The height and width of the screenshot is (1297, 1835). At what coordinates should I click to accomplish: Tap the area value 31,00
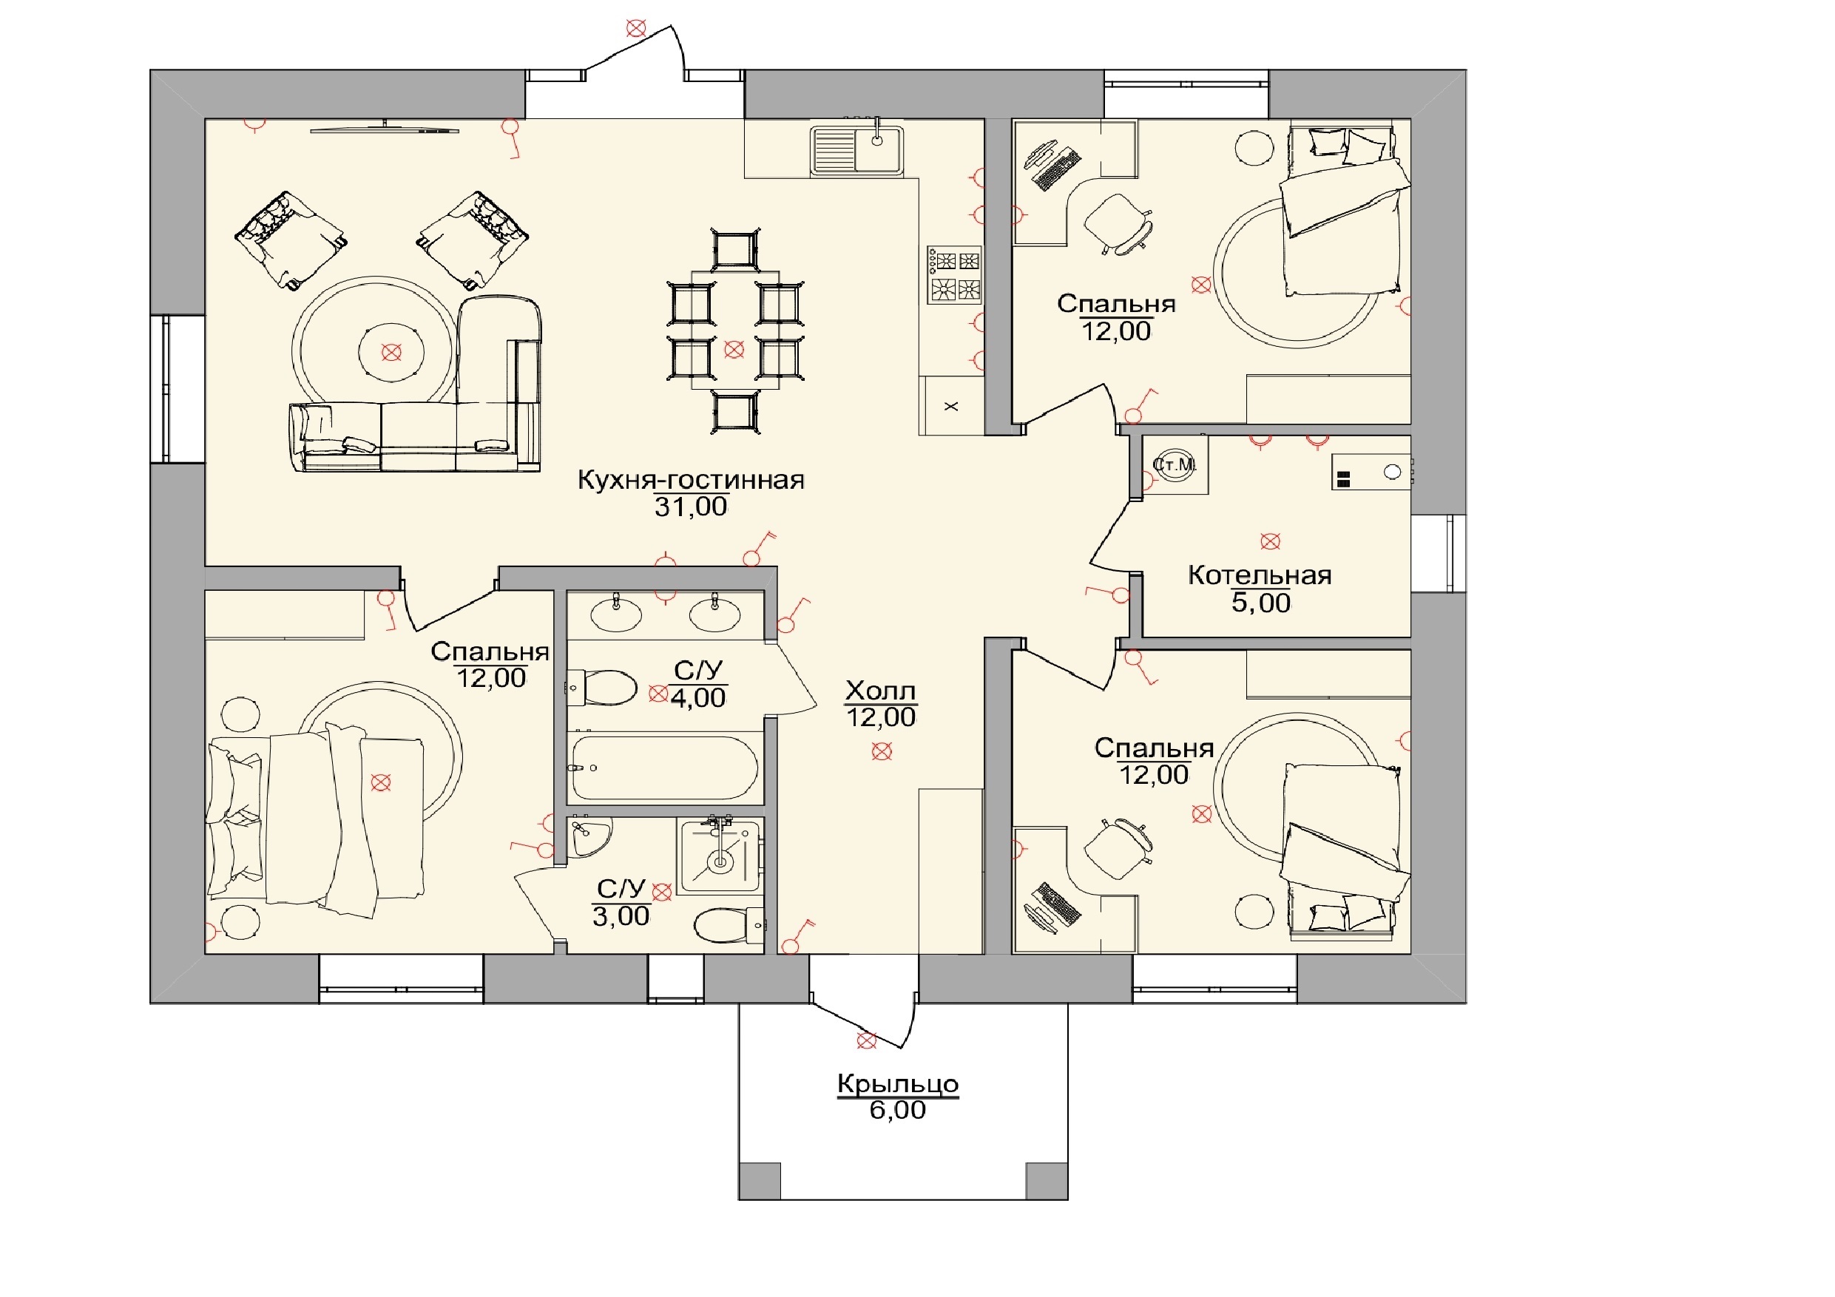tap(691, 507)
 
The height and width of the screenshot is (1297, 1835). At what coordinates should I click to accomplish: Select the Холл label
tap(880, 691)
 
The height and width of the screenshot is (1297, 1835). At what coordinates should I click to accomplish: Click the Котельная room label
tap(1260, 575)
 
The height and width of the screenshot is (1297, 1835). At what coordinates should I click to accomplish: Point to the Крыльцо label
tap(897, 1085)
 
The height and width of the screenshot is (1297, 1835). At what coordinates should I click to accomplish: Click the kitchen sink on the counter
tap(856, 149)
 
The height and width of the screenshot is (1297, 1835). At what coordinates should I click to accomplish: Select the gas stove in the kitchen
tap(954, 275)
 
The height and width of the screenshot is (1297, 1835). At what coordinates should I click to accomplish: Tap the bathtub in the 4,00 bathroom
tap(665, 768)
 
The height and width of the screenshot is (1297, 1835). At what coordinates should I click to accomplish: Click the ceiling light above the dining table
tap(734, 349)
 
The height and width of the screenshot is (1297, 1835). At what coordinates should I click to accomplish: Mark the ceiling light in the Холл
tap(882, 751)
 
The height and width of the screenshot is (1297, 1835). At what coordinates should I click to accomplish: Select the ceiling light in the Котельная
tap(1270, 542)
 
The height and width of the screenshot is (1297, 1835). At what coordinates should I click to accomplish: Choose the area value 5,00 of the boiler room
tap(1260, 603)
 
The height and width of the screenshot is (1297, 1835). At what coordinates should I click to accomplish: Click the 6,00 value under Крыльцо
tap(897, 1110)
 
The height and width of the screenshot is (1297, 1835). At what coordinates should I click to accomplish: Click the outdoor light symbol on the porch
tap(866, 1040)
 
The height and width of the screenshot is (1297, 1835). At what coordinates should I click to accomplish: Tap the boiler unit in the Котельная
tap(1371, 473)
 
